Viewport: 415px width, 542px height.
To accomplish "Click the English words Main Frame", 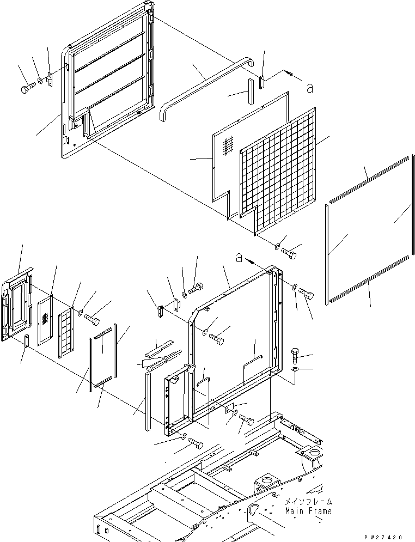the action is pyautogui.click(x=308, y=511).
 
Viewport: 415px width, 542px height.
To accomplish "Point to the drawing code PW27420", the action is pyautogui.click(x=383, y=537).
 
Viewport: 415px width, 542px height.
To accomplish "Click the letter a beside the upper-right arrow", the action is pyautogui.click(x=310, y=88).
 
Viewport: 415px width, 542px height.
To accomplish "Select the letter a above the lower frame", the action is pyautogui.click(x=239, y=258).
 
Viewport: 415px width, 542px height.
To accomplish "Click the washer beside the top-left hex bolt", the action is pyautogui.click(x=40, y=82).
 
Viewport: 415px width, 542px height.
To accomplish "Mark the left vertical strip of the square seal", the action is pyautogui.click(x=327, y=254).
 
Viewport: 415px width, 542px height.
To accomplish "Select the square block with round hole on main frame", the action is pyautogui.click(x=266, y=484).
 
